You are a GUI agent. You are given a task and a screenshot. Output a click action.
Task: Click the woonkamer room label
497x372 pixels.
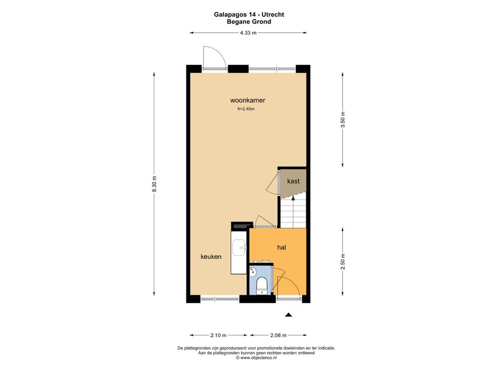pos(248,100)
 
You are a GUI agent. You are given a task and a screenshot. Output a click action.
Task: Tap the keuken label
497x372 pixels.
pos(211,257)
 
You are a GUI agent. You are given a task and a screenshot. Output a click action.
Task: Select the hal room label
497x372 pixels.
pos(282,248)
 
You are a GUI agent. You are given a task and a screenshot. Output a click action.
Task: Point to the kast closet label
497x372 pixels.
pos(293,181)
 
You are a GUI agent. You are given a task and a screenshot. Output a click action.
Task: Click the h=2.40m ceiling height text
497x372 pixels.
pos(246,109)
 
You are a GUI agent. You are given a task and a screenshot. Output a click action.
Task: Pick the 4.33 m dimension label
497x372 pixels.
pos(248,32)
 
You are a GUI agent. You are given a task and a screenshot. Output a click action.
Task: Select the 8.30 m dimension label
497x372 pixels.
pos(154,184)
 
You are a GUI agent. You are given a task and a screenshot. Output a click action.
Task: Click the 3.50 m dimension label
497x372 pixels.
pos(343,120)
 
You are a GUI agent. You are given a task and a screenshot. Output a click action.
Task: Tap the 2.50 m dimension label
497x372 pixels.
pos(343,262)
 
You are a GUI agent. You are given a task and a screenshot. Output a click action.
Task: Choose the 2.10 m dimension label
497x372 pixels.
pos(218,335)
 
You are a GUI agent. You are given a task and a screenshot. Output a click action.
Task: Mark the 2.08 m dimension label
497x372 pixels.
pos(278,335)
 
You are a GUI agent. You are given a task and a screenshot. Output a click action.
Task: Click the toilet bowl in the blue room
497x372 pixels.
pos(262,284)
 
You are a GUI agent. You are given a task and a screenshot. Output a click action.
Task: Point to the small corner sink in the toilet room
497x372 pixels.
pos(252,272)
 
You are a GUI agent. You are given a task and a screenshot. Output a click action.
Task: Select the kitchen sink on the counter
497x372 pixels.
pos(239,248)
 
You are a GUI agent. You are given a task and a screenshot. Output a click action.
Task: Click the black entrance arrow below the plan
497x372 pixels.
pos(288,314)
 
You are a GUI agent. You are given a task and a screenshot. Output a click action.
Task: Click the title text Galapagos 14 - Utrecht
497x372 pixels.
pos(249,15)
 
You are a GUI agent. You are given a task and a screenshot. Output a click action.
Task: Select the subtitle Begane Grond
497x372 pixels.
pos(249,22)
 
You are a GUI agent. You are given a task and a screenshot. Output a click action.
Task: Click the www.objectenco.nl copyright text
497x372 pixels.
pos(256,358)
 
